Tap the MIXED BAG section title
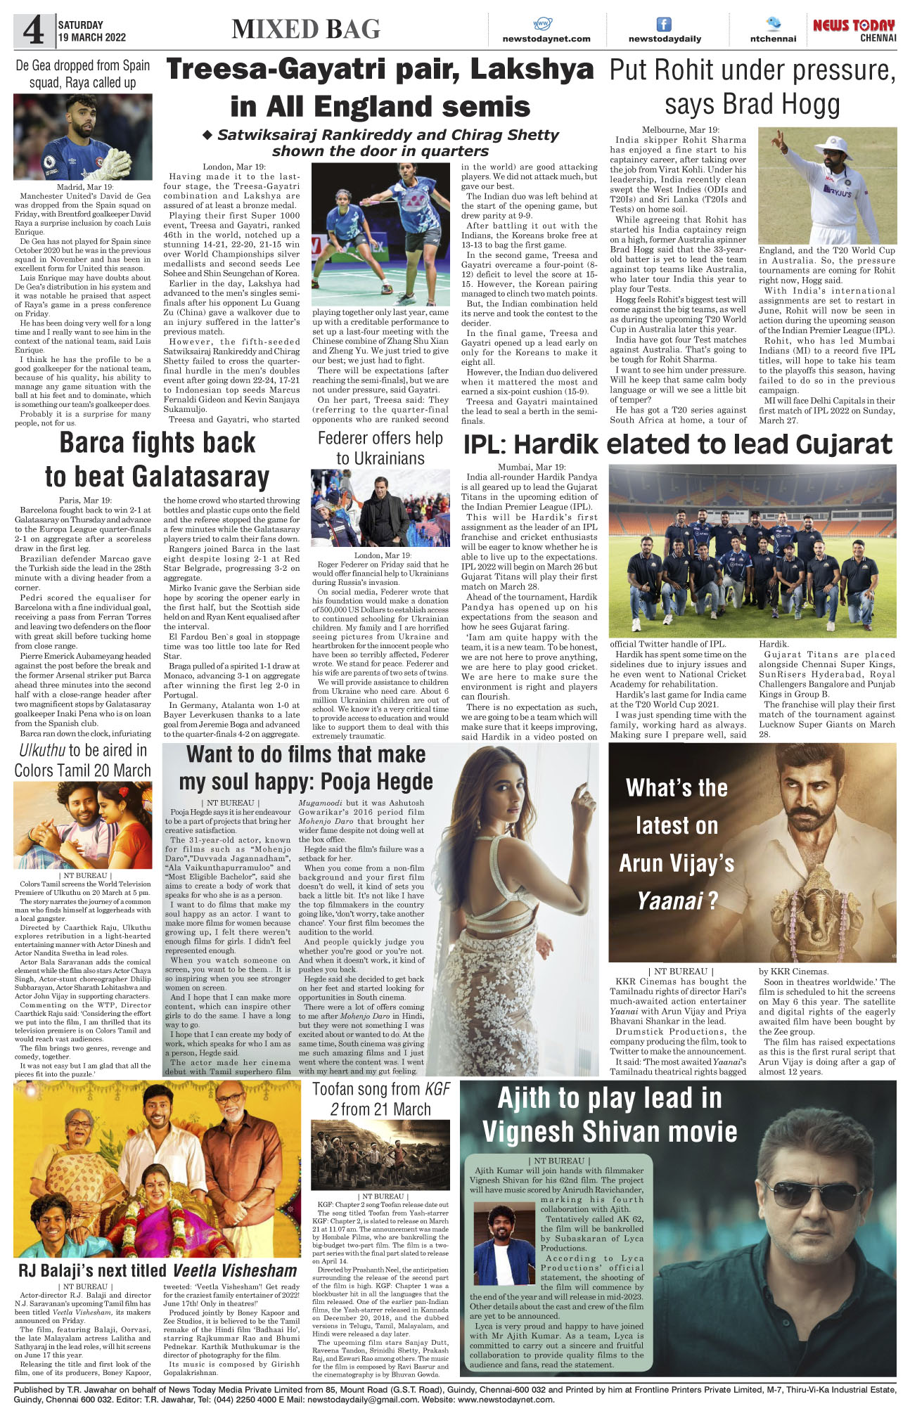pyautogui.click(x=306, y=29)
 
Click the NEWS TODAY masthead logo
pyautogui.click(x=854, y=26)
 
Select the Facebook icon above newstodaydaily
pyautogui.click(x=663, y=24)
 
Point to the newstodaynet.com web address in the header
pyautogui.click(x=546, y=39)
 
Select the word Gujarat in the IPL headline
pyautogui.click(x=844, y=444)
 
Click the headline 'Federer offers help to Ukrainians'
pyautogui.click(x=380, y=448)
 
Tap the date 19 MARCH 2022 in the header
pyautogui.click(x=92, y=37)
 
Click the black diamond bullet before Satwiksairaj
pyautogui.click(x=207, y=134)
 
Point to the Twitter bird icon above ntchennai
pyautogui.click(x=773, y=23)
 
